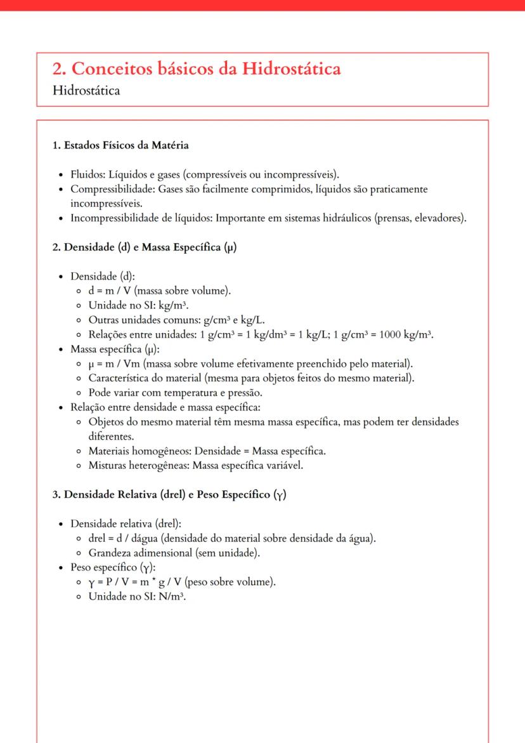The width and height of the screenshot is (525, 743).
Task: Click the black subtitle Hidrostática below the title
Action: [86, 91]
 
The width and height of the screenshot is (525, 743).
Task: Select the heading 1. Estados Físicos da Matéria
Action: [120, 145]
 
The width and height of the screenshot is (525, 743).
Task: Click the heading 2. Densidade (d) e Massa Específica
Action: [145, 247]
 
